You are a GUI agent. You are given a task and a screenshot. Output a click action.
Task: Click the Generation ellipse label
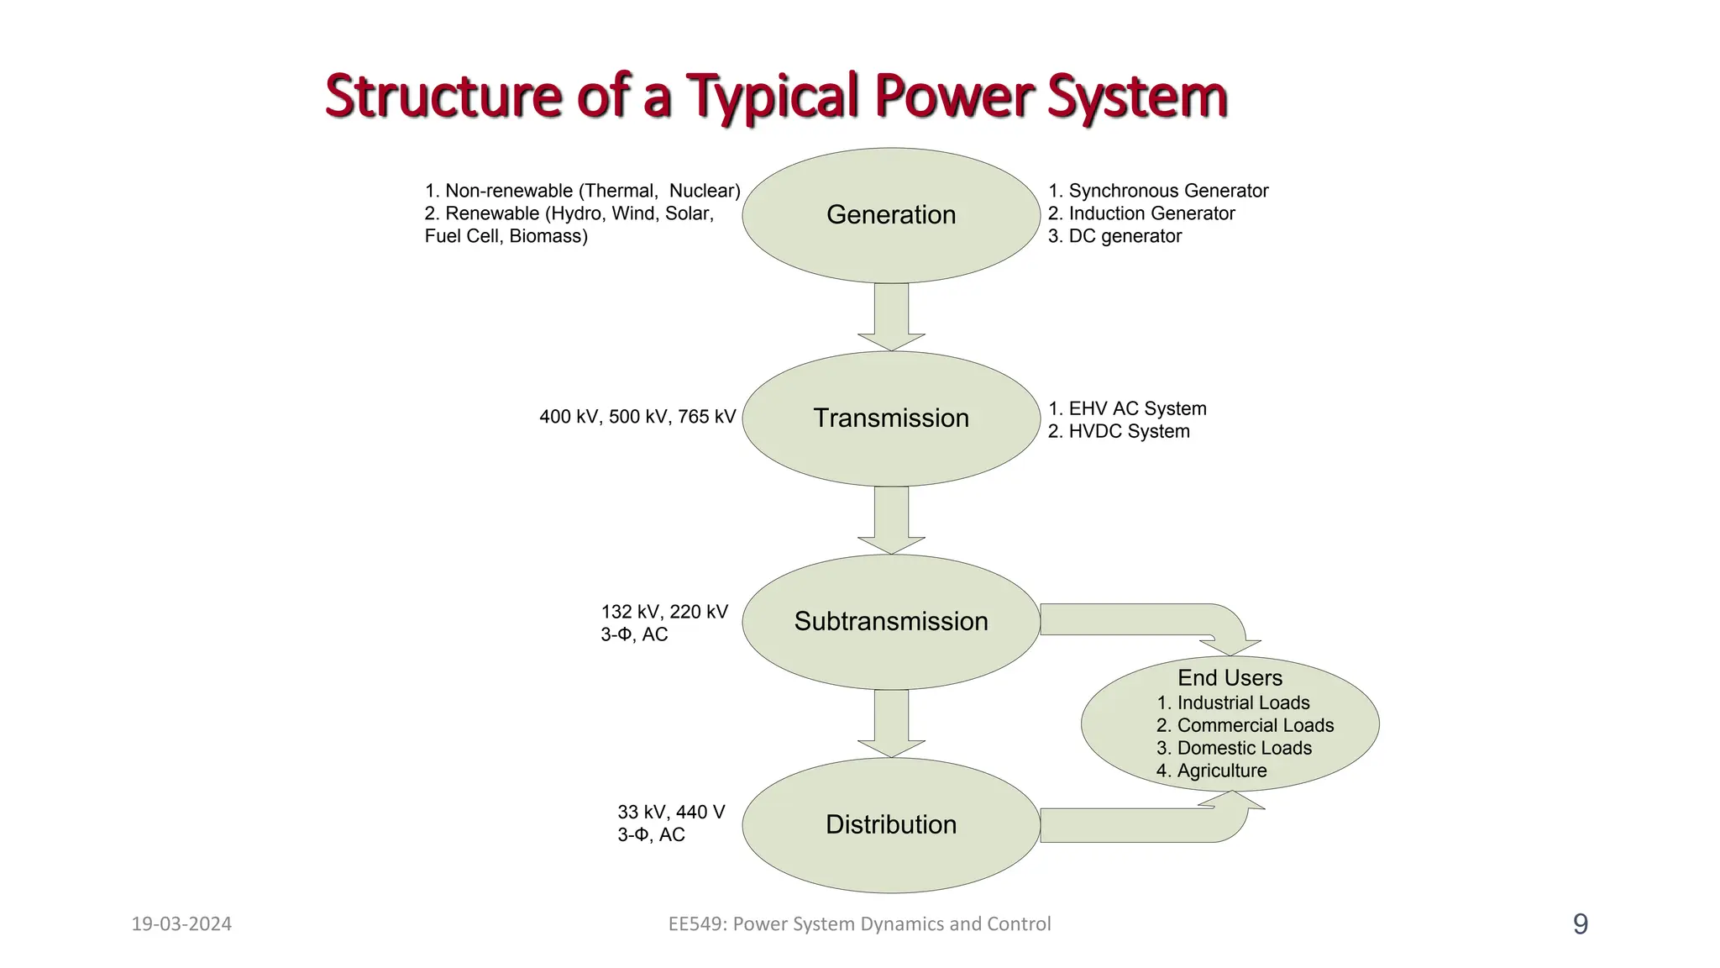click(x=891, y=215)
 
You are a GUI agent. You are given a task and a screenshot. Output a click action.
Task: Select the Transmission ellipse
click(x=891, y=418)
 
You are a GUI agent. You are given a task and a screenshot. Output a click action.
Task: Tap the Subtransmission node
click(x=891, y=622)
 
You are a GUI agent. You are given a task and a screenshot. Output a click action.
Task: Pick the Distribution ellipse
click(x=891, y=825)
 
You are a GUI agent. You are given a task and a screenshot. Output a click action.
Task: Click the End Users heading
click(x=1230, y=678)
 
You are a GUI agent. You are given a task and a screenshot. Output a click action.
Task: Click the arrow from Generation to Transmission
click(x=891, y=315)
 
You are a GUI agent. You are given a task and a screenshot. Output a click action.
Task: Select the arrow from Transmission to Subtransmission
click(x=891, y=518)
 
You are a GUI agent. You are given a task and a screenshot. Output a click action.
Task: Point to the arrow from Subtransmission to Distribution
click(x=891, y=722)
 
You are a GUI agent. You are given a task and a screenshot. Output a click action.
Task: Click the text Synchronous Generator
click(x=1167, y=191)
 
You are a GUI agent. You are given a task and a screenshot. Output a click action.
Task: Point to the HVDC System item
click(x=1128, y=431)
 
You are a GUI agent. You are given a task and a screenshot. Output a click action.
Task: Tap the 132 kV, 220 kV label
click(x=664, y=612)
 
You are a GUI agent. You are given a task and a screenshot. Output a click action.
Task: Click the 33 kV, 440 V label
click(x=671, y=813)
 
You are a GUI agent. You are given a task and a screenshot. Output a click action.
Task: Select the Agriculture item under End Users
click(x=1221, y=771)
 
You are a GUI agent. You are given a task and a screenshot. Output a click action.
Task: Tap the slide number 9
click(x=1580, y=924)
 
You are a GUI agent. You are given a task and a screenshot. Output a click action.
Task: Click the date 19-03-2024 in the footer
click(x=181, y=924)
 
